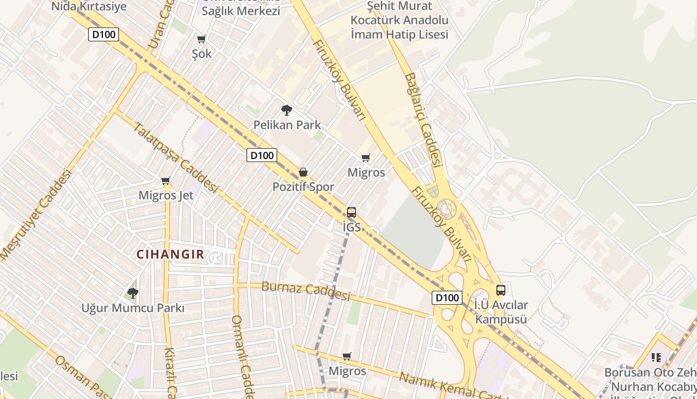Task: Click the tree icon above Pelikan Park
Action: [286, 110]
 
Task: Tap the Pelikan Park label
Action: [287, 125]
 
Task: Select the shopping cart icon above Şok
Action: [201, 39]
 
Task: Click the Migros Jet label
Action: [166, 195]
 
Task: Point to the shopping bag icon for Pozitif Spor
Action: [303, 172]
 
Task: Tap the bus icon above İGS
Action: [351, 212]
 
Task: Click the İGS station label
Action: [351, 227]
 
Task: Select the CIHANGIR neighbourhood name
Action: [170, 254]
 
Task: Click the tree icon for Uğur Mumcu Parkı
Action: [132, 293]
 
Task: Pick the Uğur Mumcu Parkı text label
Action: [133, 308]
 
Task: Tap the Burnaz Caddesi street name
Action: [306, 291]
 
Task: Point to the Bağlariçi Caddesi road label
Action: [424, 120]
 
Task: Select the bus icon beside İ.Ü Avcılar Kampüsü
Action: [500, 290]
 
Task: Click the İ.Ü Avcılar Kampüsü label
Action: [501, 312]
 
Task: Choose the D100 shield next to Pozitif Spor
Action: [262, 155]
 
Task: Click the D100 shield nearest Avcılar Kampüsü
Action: [447, 298]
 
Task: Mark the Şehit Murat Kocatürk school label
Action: [399, 20]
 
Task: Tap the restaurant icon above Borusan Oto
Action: [656, 357]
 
